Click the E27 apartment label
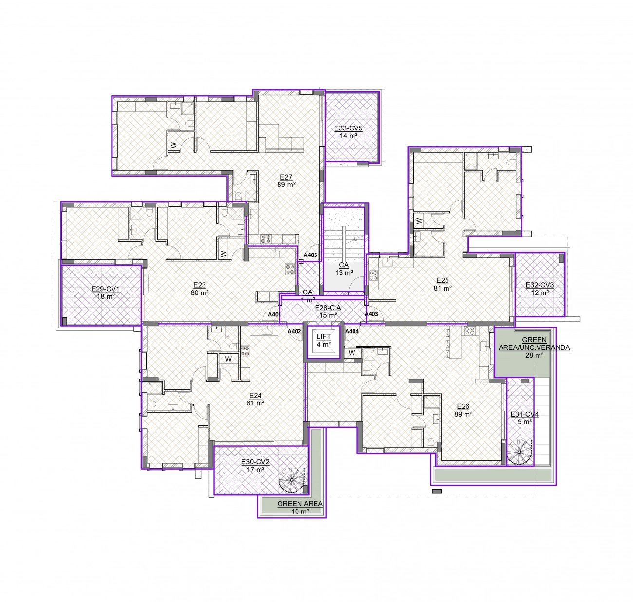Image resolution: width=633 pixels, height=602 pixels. point(286,177)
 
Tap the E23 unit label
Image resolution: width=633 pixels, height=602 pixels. point(199,285)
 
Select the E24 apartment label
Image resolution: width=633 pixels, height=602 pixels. point(255,395)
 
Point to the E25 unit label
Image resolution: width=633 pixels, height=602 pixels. point(443,280)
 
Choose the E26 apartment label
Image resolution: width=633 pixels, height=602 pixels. point(463,406)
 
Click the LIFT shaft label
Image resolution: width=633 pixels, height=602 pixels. point(324,336)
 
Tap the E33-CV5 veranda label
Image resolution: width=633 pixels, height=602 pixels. point(348,128)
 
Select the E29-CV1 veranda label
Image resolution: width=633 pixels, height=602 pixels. point(106,289)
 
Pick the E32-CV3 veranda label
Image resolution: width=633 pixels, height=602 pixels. point(540,285)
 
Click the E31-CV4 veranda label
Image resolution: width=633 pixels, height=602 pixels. point(524,414)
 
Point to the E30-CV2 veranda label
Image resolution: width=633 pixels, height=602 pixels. point(255,462)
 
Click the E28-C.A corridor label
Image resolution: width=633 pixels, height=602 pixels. point(328,308)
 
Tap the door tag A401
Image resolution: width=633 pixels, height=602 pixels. point(274,314)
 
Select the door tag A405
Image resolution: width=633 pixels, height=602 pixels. point(310,255)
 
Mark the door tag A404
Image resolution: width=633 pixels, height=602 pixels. point(352,331)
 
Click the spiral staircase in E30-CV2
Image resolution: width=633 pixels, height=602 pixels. point(292,480)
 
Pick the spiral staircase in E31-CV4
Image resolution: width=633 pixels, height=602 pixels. point(520,452)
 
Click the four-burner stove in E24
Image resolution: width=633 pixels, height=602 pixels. point(245,350)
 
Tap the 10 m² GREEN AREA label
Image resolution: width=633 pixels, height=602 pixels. point(300,508)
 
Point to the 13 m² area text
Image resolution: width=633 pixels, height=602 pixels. point(344,273)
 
